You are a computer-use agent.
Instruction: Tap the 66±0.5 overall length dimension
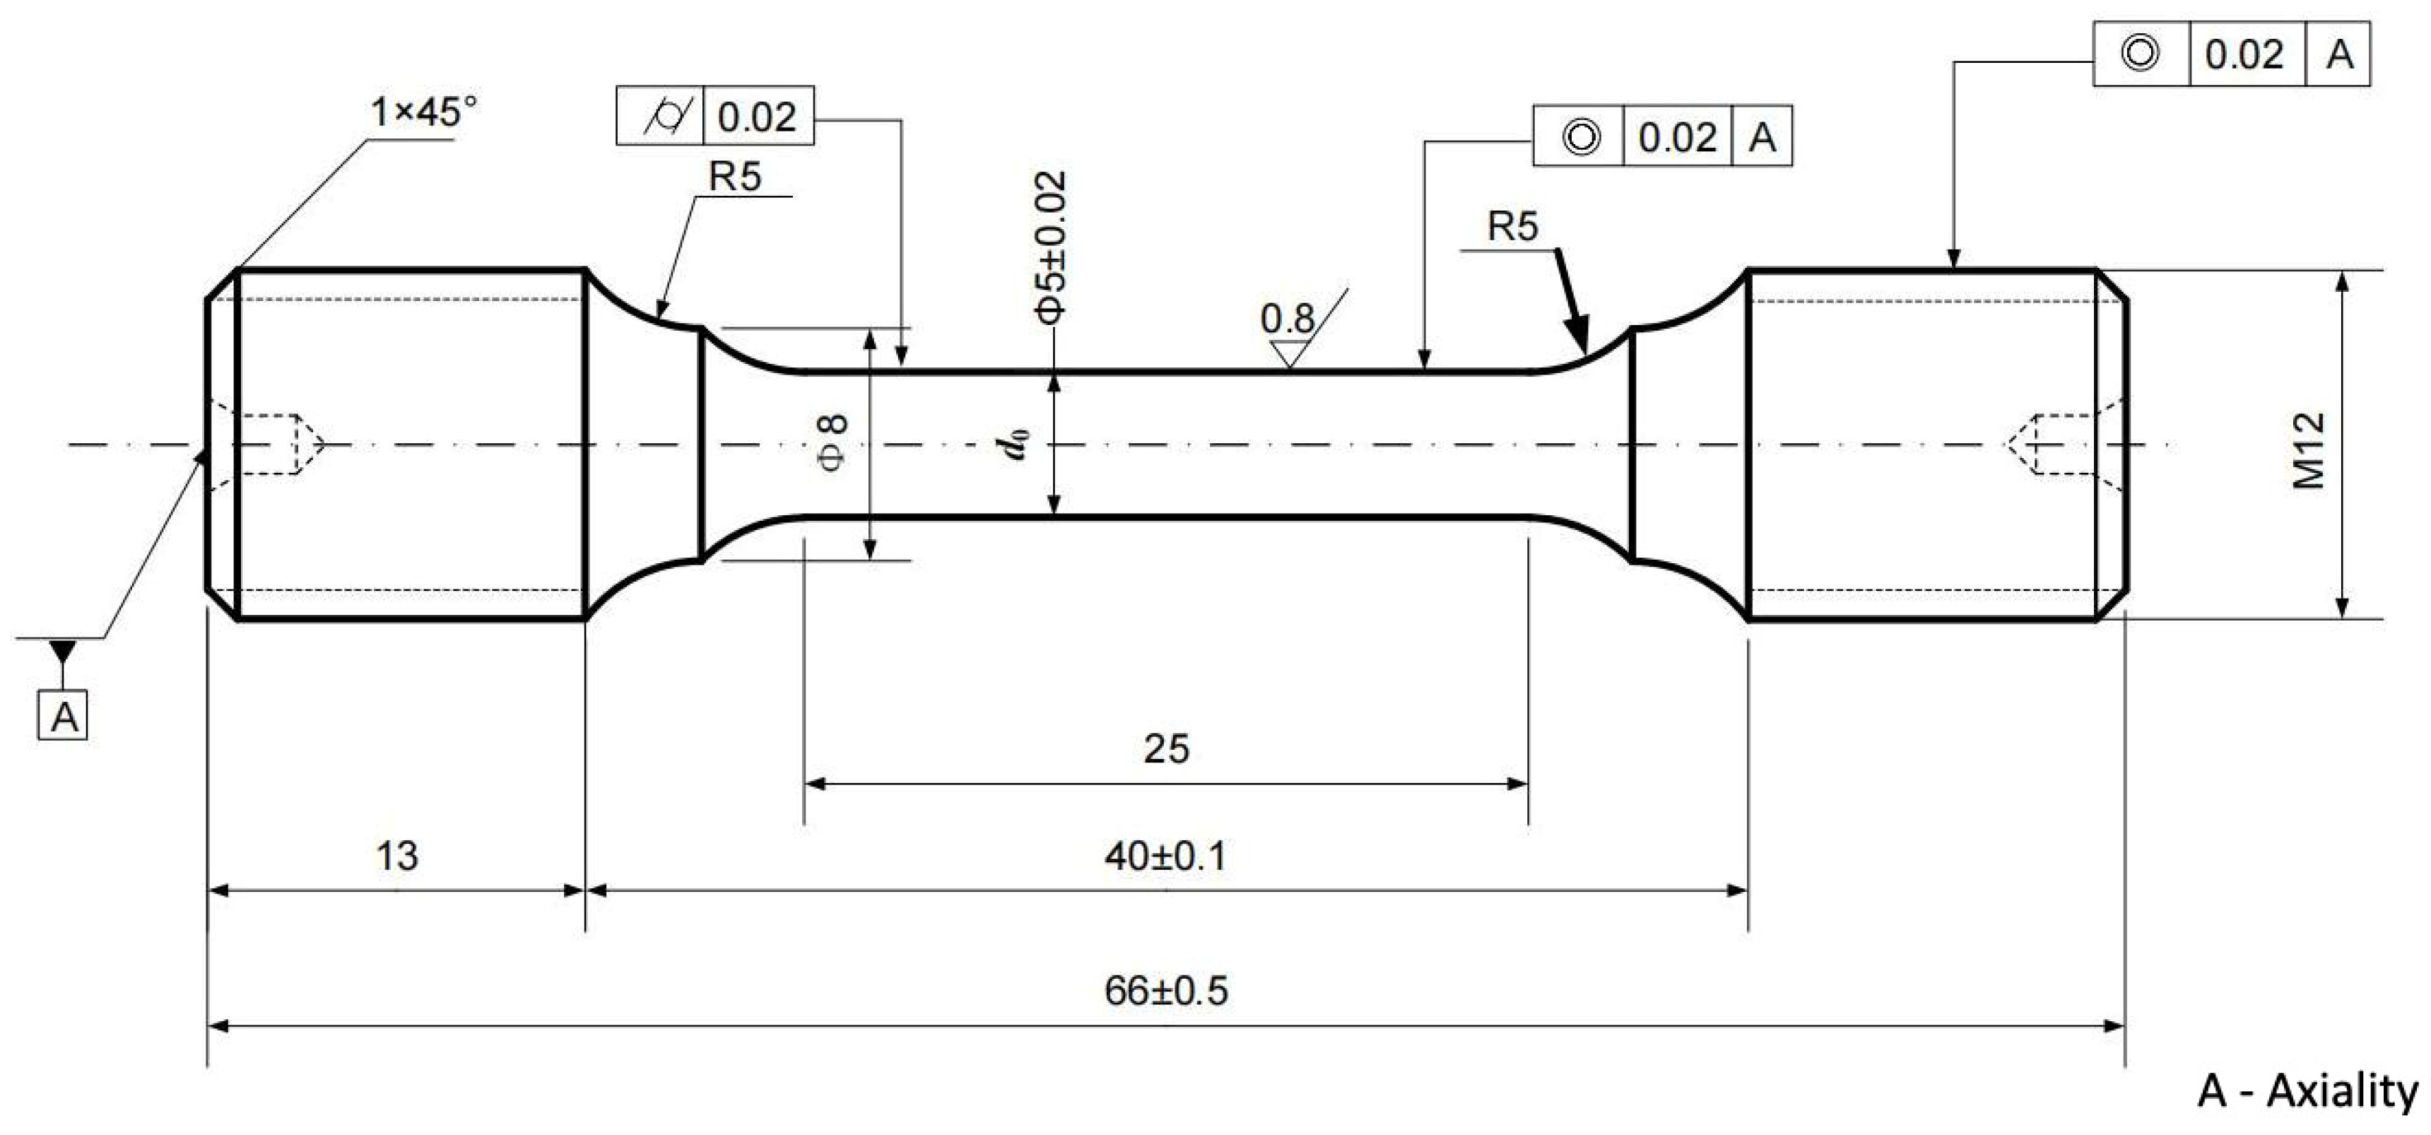1167,992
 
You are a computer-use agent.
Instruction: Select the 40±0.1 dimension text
1167,857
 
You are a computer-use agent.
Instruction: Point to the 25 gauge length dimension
1167,749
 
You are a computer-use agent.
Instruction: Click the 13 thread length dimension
396,857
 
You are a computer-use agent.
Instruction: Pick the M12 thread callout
2308,451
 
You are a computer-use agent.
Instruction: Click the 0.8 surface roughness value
1286,319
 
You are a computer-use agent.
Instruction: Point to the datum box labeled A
63,715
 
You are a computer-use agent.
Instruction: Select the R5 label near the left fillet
735,177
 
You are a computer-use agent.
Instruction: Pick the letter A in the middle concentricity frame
1762,138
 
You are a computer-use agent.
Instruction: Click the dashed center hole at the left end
278,443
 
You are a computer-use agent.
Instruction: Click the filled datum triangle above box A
63,651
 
